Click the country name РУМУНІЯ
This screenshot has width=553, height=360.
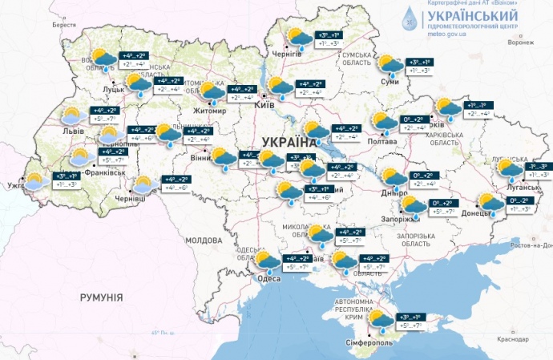coord(102,297)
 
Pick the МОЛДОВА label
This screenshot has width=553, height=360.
coord(203,240)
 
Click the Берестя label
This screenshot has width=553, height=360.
coord(63,25)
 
